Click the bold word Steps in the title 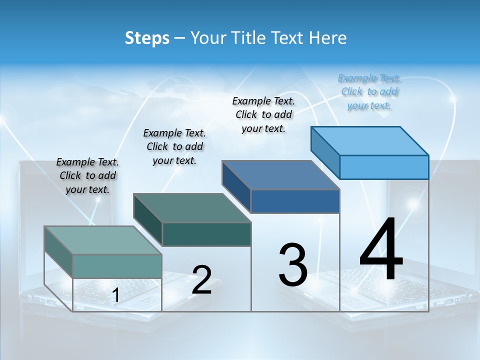(x=147, y=38)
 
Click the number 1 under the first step (x=115, y=295)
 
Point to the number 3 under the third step (x=293, y=265)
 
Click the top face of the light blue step (x=370, y=140)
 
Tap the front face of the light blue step (x=384, y=167)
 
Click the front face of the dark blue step (x=295, y=201)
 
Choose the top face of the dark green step (x=192, y=208)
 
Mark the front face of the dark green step (x=206, y=234)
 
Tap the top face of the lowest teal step (x=103, y=240)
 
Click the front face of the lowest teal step (x=117, y=266)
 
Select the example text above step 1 (x=87, y=175)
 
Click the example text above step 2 (x=174, y=146)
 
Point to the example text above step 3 (x=263, y=114)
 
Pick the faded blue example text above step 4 (x=369, y=91)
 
